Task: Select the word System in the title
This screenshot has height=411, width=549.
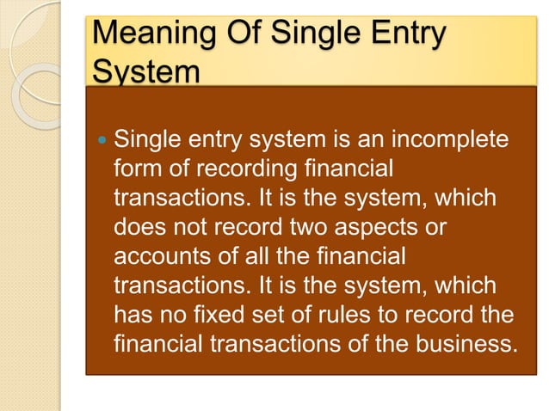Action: pyautogui.click(x=145, y=71)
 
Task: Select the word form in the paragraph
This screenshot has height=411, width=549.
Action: pyautogui.click(x=137, y=167)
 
